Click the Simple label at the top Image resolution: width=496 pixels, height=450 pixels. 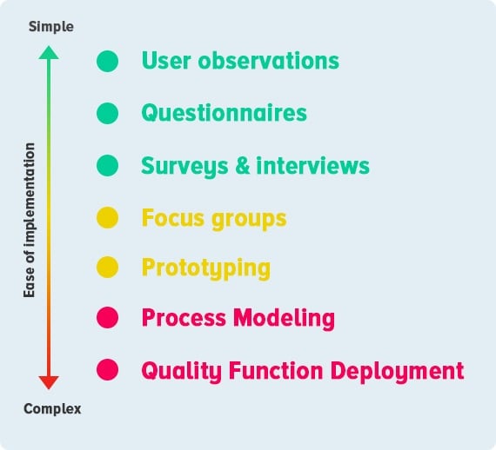click(x=50, y=27)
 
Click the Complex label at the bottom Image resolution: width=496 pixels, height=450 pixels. click(x=52, y=408)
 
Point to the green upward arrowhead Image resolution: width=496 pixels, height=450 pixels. click(x=50, y=52)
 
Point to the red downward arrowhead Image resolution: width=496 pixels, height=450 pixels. click(x=50, y=382)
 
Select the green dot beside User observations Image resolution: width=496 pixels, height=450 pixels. click(x=107, y=62)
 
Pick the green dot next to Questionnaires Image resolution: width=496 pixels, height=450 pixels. click(x=107, y=113)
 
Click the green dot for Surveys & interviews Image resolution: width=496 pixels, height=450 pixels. click(x=107, y=165)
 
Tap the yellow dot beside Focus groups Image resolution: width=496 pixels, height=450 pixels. click(x=107, y=217)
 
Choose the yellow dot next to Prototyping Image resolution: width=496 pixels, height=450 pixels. click(x=107, y=268)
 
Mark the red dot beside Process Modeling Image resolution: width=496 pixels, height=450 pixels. click(x=107, y=319)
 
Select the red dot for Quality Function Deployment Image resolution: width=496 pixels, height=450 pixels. click(x=107, y=370)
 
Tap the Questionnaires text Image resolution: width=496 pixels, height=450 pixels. click(x=225, y=114)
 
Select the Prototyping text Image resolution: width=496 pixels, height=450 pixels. click(x=206, y=268)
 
